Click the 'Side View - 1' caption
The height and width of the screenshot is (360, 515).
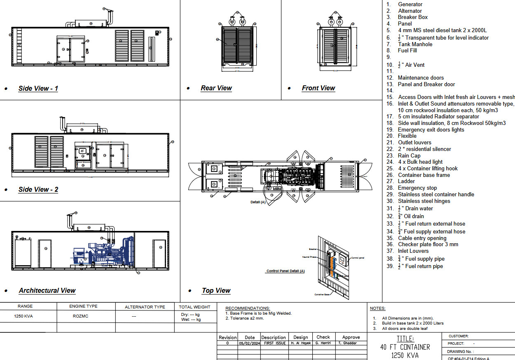pos(38,88)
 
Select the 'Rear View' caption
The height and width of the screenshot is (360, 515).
pos(216,88)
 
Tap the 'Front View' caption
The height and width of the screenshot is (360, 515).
pos(318,88)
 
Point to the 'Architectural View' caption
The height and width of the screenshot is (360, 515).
pos(47,290)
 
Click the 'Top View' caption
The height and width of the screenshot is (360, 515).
pos(216,290)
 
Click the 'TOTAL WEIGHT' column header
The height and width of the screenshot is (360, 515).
pos(194,307)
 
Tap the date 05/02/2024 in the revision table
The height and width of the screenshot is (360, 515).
pos(250,343)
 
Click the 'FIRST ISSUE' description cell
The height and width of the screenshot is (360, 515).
pos(274,343)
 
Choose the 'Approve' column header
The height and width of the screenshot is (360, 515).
pos(351,337)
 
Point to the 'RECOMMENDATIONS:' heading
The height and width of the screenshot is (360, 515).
pos(248,308)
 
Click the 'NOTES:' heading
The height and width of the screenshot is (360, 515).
pos(377,308)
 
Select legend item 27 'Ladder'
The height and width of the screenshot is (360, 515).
pos(406,181)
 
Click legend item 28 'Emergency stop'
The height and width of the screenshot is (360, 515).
pos(417,188)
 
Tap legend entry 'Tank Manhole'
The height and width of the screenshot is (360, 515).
pos(415,44)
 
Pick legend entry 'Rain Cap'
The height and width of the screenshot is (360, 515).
pos(409,155)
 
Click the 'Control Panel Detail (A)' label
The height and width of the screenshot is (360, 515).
pos(285,271)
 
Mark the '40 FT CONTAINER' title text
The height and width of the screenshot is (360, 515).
pos(405,347)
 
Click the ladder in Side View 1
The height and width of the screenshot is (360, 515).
pos(19,46)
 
